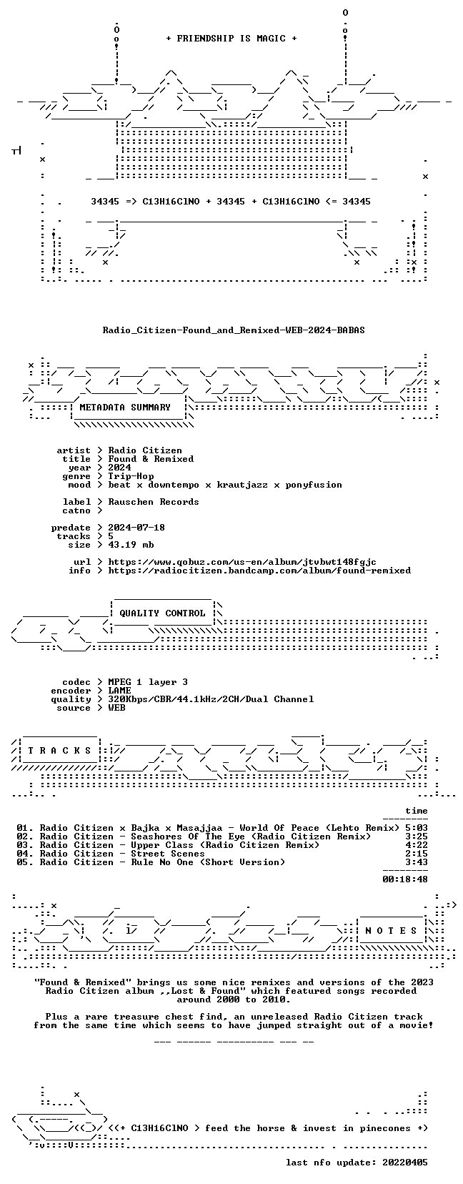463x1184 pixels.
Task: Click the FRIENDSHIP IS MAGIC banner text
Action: coord(231,39)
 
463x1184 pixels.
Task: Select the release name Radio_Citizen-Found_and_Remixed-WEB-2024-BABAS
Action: coord(234,330)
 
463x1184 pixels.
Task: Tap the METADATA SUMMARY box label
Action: coord(125,408)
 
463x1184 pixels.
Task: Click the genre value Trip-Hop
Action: coord(131,476)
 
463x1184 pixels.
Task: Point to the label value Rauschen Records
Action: coord(154,502)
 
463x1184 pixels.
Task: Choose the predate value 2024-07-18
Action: coord(136,528)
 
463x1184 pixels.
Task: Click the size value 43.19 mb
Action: coord(131,544)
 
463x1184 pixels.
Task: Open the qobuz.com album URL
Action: coord(242,562)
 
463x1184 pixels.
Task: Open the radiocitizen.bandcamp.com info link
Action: coord(259,571)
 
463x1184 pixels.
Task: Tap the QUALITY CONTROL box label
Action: coord(162,613)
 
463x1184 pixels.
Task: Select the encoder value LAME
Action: coord(120,691)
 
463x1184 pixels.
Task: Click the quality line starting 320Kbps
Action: coord(211,699)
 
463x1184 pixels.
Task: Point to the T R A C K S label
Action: coord(59,751)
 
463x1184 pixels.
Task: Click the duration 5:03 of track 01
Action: coord(417,828)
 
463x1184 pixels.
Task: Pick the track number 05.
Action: coord(22,862)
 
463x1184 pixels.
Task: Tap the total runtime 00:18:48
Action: coord(405,879)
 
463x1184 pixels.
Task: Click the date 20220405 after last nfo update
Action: coord(405,1163)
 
